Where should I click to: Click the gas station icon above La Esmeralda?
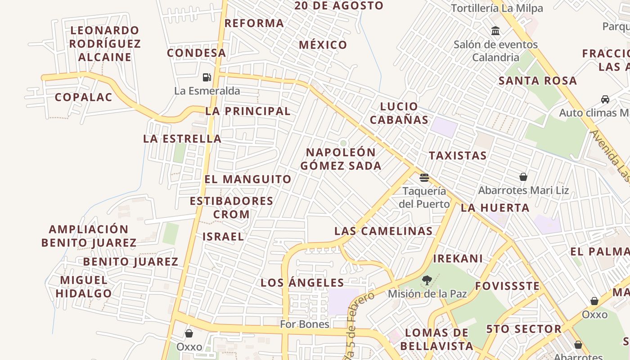point(207,77)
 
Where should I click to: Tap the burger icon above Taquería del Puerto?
point(424,177)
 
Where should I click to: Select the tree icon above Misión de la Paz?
point(427,280)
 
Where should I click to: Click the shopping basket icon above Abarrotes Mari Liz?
point(523,177)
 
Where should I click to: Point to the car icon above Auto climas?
point(605,99)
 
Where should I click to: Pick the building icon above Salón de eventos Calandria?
point(495,31)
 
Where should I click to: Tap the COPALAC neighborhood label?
point(83,97)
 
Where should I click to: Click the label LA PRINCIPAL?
point(248,111)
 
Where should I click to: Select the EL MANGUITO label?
point(248,179)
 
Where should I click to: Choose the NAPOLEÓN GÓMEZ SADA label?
point(341,159)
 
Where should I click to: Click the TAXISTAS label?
point(458,156)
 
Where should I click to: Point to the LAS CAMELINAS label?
point(383,231)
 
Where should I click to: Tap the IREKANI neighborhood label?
point(458,259)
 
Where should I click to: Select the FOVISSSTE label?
point(507,286)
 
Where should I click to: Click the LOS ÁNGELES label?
point(302,283)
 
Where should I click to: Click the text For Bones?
point(305,324)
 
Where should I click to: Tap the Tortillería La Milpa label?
point(497,8)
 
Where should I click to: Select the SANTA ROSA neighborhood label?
point(537,81)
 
